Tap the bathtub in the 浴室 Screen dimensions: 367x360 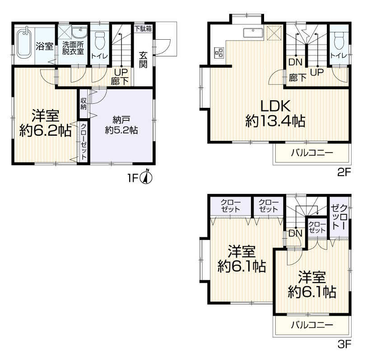(24, 44)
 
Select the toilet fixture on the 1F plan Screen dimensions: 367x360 (100, 41)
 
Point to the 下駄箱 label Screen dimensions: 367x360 (143, 29)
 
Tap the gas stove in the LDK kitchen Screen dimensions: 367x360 (219, 52)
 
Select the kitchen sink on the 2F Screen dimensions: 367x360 (252, 32)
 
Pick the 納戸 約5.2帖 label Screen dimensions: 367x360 (121, 125)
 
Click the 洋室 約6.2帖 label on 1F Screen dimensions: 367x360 (46, 123)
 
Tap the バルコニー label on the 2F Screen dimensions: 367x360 (312, 153)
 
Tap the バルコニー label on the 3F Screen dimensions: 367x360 (312, 325)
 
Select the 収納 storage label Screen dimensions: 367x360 (84, 104)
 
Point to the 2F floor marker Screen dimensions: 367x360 (344, 173)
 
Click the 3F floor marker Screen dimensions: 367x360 (344, 344)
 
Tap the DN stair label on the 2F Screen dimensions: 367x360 (295, 62)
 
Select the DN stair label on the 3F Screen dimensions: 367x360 (295, 233)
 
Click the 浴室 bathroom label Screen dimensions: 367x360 (45, 46)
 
